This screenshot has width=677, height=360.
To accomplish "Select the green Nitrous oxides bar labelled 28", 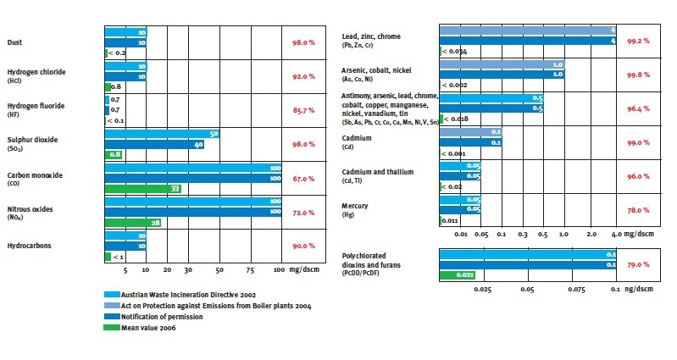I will click(132, 223).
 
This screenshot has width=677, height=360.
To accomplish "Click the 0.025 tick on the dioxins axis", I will click(483, 289).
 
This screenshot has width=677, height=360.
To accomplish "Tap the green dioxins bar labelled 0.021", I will click(458, 274).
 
